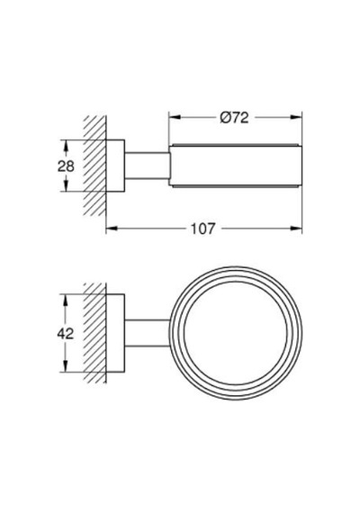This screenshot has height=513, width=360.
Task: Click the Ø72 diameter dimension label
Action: [x=234, y=118]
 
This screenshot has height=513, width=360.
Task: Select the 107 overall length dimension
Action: [x=203, y=229]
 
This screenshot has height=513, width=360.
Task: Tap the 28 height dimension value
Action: [x=66, y=166]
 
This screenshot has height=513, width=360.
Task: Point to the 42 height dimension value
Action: [x=66, y=334]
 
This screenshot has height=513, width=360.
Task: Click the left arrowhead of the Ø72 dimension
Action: [x=175, y=117]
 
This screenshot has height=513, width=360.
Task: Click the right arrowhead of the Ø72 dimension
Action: [x=296, y=117]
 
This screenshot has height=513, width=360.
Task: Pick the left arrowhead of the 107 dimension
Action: [x=112, y=229]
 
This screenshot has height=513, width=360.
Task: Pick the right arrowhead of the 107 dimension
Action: [x=296, y=229]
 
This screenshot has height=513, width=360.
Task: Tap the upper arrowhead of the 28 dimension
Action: [x=66, y=146]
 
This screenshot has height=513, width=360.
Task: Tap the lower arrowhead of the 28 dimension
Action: [x=66, y=185]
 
